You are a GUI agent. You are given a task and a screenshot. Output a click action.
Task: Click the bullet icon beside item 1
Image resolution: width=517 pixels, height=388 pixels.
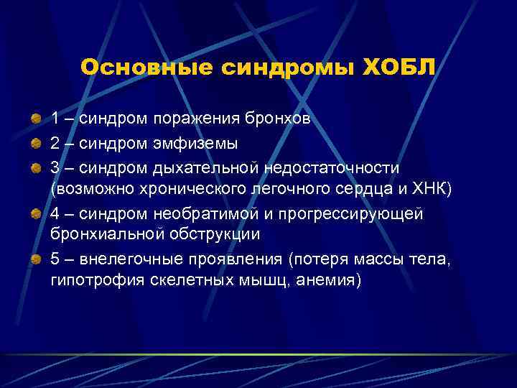coord(35,119)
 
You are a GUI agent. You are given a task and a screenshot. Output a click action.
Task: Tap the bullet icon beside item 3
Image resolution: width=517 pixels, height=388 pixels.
coord(35,167)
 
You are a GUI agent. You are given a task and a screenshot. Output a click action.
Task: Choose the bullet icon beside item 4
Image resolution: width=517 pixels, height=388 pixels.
coord(35,214)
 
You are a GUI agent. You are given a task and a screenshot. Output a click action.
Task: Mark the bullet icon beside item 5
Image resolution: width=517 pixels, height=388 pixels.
coord(35,262)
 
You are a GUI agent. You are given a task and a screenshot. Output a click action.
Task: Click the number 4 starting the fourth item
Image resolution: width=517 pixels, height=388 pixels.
coord(55,214)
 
